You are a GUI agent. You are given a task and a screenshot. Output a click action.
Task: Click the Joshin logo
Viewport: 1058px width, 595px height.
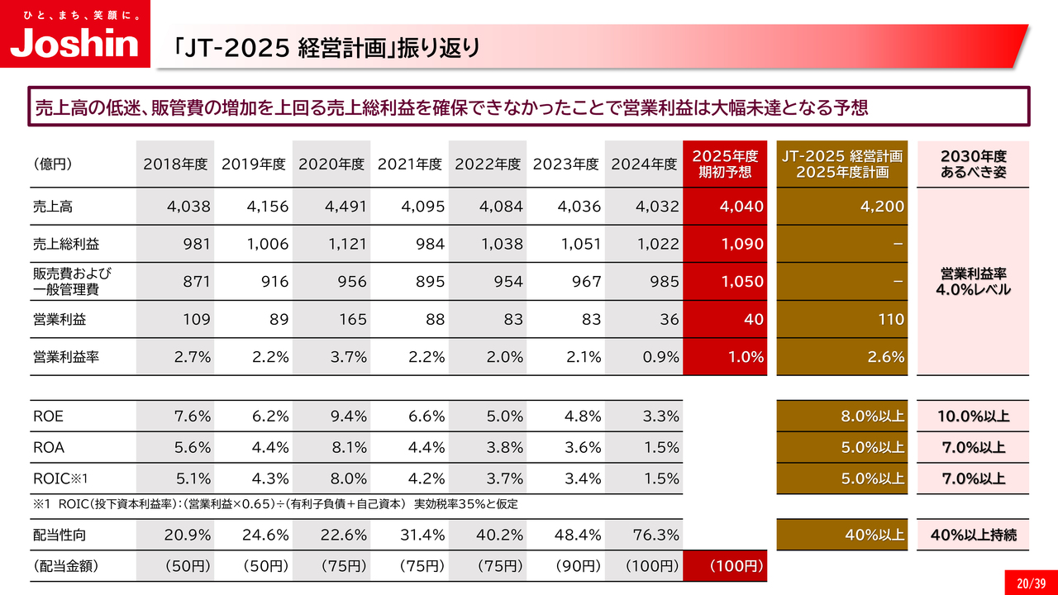[74, 38]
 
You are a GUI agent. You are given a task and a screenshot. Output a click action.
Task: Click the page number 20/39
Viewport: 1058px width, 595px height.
[1027, 582]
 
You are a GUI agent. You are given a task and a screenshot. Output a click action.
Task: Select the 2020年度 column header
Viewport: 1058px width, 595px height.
[331, 164]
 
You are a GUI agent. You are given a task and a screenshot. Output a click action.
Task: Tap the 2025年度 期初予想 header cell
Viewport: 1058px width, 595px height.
[724, 164]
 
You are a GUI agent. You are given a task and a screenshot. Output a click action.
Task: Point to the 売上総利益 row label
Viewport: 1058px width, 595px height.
[60, 245]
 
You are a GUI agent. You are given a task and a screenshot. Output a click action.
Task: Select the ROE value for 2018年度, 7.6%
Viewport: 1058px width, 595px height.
[192, 416]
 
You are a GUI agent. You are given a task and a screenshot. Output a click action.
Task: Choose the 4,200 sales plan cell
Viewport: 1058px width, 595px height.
[882, 207]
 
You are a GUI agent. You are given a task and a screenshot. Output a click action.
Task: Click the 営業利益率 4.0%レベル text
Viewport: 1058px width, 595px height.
[973, 282]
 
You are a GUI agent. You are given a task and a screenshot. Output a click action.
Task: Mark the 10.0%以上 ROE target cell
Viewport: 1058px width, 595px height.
[973, 416]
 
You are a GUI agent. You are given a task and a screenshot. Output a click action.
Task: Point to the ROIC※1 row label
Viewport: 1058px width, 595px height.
[60, 478]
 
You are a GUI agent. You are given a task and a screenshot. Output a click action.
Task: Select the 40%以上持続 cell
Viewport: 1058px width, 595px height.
[973, 535]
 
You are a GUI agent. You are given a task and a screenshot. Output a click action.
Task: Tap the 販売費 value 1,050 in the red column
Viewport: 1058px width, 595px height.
[742, 282]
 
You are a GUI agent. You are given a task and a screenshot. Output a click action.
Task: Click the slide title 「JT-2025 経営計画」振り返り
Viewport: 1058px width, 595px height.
[327, 47]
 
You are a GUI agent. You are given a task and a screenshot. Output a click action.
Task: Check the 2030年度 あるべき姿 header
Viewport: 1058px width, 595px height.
[973, 164]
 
